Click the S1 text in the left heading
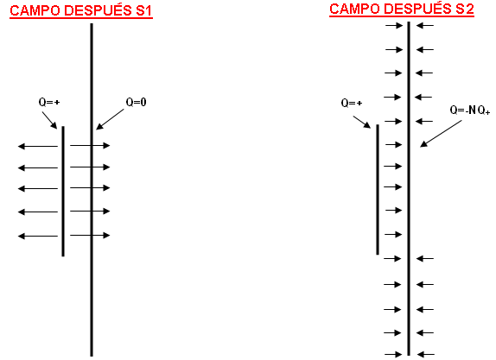pyautogui.click(x=144, y=10)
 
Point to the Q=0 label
pyautogui.click(x=136, y=102)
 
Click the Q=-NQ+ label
pyautogui.click(x=470, y=111)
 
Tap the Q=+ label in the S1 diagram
pyautogui.click(x=49, y=102)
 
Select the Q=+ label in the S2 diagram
pyautogui.click(x=352, y=103)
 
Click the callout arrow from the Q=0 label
pyautogui.click(x=110, y=119)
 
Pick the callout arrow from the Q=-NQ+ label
pyautogui.click(x=441, y=134)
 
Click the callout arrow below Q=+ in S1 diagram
pyautogui.click(x=49, y=120)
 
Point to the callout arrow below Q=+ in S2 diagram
pyautogui.click(x=362, y=122)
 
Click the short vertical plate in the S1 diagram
pyautogui.click(x=63, y=191)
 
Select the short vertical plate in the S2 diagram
pyautogui.click(x=378, y=189)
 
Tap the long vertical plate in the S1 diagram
pyautogui.click(x=92, y=190)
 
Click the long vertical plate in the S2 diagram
pyautogui.click(x=409, y=188)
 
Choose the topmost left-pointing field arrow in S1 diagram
pyautogui.click(x=38, y=147)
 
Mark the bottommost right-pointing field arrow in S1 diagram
pyautogui.click(x=90, y=235)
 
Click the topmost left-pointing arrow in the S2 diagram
pyautogui.click(x=425, y=25)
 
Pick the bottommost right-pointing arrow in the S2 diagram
pyautogui.click(x=393, y=355)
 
